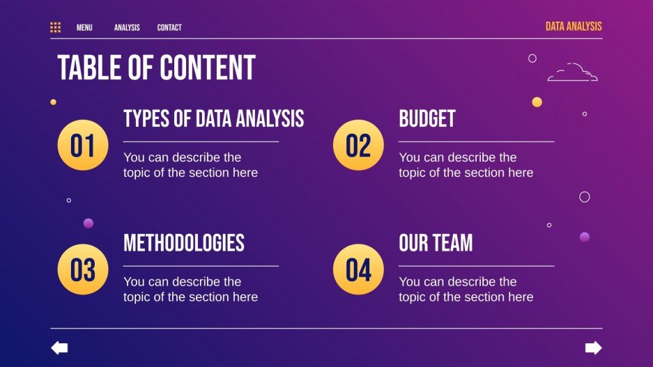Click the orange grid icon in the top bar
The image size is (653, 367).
coord(56,27)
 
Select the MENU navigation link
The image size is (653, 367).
coord(84,28)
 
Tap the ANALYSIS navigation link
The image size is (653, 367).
coord(127,28)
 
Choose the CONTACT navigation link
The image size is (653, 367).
coord(169,28)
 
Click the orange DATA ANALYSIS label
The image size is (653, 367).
coord(573,26)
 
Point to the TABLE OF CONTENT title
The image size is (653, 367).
coord(156,68)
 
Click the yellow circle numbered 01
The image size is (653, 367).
coord(82,146)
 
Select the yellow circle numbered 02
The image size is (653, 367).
coord(358,146)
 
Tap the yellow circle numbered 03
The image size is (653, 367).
coord(82,270)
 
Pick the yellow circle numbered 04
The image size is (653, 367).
coord(358,270)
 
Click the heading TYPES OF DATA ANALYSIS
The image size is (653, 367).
coord(213,118)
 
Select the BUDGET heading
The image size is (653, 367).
coord(427,118)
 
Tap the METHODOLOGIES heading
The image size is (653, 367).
coord(184,242)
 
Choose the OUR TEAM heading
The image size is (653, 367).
coord(436,242)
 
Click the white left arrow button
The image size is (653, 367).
coord(60,348)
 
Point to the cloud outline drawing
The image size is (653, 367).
coord(572,72)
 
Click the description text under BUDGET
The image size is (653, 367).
coord(466,165)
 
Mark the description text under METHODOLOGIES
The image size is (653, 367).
coord(190,289)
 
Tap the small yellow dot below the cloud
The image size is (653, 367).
coord(537,102)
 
